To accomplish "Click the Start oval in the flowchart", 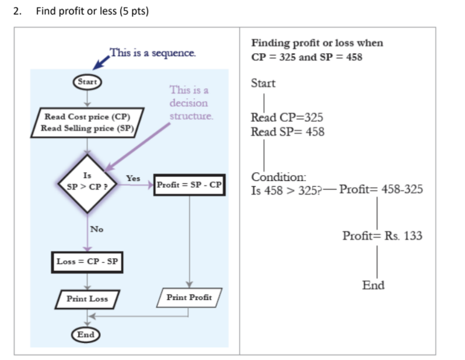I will tap(87, 82).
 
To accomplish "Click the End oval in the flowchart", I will tap(86, 334).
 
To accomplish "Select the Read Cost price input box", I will tap(87, 122).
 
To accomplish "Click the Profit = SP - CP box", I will tap(189, 185).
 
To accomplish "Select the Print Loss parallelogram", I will tap(87, 299).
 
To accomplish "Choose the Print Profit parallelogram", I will tap(188, 298).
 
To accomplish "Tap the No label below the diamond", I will tap(96, 229).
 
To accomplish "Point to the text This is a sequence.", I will tap(153, 53).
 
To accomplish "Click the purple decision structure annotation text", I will tap(188, 103).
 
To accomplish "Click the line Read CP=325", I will tap(286, 117).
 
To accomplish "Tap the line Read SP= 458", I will tap(287, 131).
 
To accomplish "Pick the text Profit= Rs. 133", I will tap(382, 236).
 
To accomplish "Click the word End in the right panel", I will tap(373, 285).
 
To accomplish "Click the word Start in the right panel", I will tap(263, 83).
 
